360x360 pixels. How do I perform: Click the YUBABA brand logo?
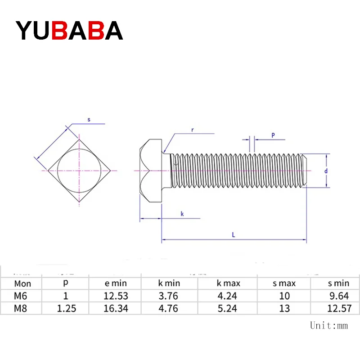tap(69, 31)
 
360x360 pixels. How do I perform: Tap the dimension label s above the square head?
tap(89, 120)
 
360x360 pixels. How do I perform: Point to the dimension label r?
tap(192, 130)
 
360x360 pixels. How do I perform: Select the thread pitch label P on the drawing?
tap(273, 135)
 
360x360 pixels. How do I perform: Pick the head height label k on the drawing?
tap(182, 214)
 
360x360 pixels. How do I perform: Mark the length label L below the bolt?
tap(234, 234)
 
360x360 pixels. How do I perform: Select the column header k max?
tap(228, 283)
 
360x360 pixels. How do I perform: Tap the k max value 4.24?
tap(228, 296)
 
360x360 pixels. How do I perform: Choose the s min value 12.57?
tap(338, 309)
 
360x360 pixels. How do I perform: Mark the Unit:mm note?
tap(329, 325)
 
